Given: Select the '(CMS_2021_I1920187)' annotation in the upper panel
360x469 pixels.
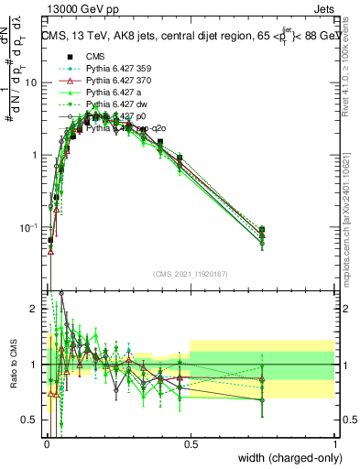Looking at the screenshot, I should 190,273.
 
